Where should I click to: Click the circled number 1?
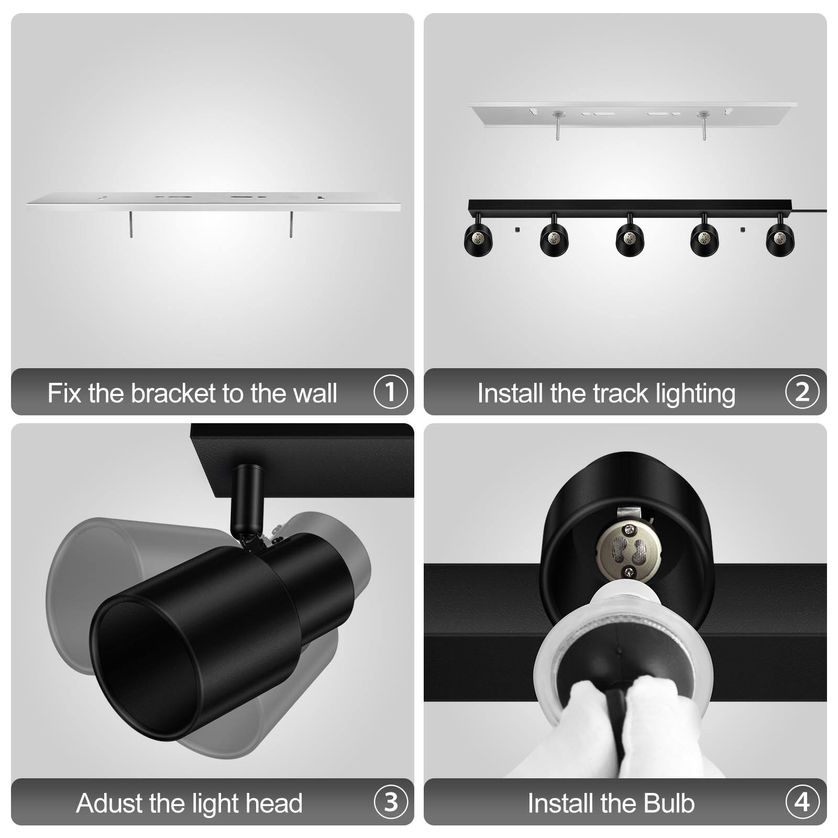pyautogui.click(x=390, y=392)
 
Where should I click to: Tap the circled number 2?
pyautogui.click(x=802, y=392)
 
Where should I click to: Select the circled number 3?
pyautogui.click(x=390, y=802)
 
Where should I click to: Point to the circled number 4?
pyautogui.click(x=802, y=802)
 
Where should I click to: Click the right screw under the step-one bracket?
pyautogui.click(x=292, y=224)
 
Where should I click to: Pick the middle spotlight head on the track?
pyautogui.click(x=630, y=239)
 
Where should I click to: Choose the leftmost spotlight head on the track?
pyautogui.click(x=478, y=239)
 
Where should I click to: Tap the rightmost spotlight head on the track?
pyautogui.click(x=780, y=239)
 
